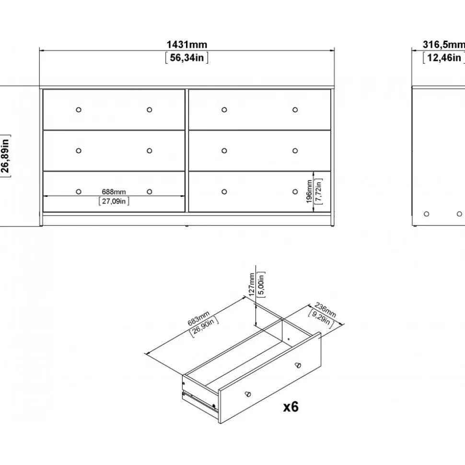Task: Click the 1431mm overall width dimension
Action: click(x=187, y=45)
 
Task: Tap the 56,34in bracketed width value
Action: click(x=187, y=57)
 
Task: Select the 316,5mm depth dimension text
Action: click(x=443, y=45)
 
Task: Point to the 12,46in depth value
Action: click(x=443, y=57)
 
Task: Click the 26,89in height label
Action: click(x=5, y=156)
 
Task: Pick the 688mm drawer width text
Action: click(x=114, y=192)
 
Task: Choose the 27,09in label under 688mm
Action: click(x=114, y=201)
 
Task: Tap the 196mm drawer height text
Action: click(x=309, y=192)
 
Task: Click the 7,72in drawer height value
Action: click(x=318, y=192)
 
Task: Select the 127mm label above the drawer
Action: click(x=252, y=284)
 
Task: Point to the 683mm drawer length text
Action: click(x=198, y=318)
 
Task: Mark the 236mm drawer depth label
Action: click(x=325, y=310)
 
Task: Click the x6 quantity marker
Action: click(x=291, y=407)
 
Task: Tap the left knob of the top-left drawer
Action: click(x=79, y=110)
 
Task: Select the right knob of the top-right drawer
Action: click(x=295, y=110)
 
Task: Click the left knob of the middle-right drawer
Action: click(x=224, y=151)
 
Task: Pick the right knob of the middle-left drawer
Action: click(x=150, y=151)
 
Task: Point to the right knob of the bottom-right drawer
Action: click(x=295, y=192)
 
